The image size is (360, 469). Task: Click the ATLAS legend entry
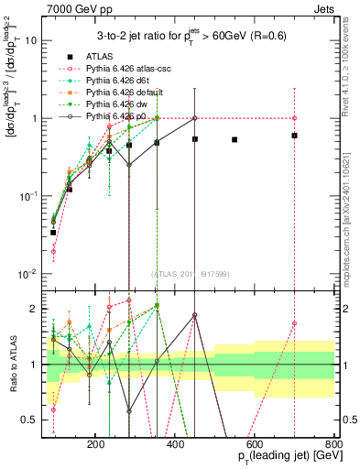pyautogui.click(x=101, y=56)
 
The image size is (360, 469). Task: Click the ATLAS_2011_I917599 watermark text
pyautogui.click(x=190, y=274)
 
